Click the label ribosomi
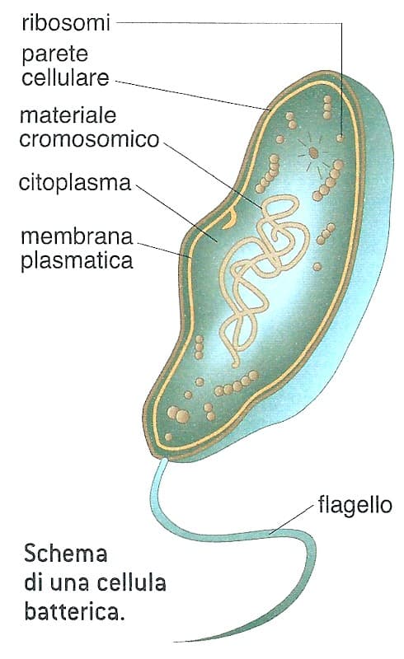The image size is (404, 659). click(66, 22)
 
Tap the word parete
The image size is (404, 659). click(55, 54)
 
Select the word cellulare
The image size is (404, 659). click(65, 77)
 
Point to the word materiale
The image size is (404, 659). click(68, 115)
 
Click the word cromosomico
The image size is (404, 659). click(89, 139)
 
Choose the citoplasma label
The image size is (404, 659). click(75, 184)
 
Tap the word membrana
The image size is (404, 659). click(77, 236)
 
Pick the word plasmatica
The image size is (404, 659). click(77, 261)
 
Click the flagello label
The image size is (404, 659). click(355, 505)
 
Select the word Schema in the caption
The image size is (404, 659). click(66, 554)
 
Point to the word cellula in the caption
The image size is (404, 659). click(131, 583)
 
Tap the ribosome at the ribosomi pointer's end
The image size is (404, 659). click(340, 138)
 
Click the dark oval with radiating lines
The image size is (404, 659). click(313, 152)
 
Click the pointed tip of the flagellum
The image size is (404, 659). click(176, 642)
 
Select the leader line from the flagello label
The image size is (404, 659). click(292, 519)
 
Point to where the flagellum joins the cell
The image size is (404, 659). click(165, 460)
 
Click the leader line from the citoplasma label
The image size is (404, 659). click(176, 214)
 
